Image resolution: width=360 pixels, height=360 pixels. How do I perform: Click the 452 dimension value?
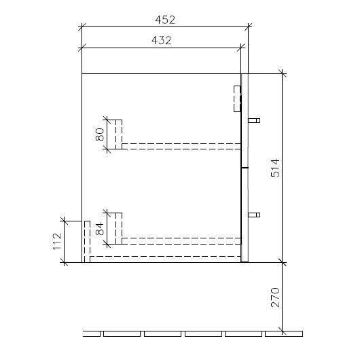(165, 20)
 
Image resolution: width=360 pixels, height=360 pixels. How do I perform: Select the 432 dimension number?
(162, 40)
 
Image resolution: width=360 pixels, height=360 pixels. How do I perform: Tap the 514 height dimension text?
(275, 168)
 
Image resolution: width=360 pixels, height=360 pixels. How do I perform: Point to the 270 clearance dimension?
(275, 298)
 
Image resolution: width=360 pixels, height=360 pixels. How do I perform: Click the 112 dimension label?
(57, 241)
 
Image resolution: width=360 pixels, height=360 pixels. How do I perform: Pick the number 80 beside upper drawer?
(99, 134)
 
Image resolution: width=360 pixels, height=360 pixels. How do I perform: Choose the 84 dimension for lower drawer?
(99, 229)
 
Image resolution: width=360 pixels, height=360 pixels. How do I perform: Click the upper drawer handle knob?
(254, 120)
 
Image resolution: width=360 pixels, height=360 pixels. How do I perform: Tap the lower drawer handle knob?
(254, 215)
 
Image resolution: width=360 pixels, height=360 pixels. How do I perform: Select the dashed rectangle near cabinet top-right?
(237, 98)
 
